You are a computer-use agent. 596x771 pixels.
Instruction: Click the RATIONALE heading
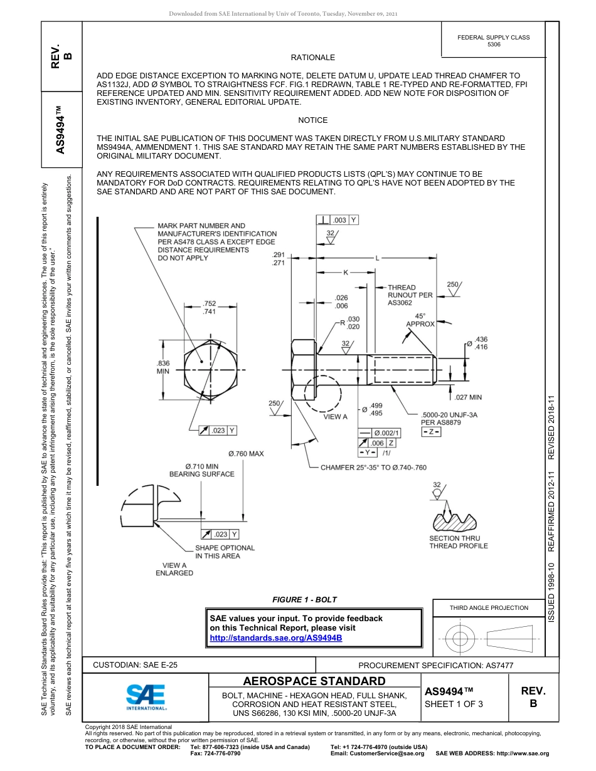[312, 58]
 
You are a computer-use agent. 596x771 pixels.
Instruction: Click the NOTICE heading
[312, 120]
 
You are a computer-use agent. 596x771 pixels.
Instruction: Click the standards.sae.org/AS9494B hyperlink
[277, 638]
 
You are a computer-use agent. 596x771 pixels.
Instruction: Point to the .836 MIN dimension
[163, 367]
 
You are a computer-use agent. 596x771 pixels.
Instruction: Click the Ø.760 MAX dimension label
[245, 453]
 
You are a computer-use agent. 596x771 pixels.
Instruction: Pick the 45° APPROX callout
[420, 320]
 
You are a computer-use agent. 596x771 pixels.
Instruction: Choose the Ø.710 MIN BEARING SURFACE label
[201, 470]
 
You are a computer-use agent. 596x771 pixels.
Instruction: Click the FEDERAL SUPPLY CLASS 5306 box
[493, 41]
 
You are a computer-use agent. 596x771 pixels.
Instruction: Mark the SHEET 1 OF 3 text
[454, 703]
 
